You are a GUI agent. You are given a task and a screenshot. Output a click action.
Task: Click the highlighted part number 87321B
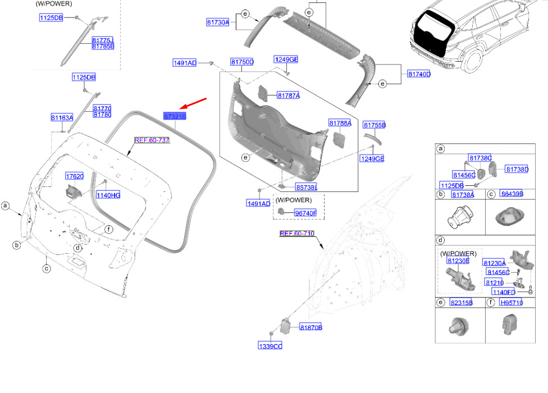pyautogui.click(x=175, y=116)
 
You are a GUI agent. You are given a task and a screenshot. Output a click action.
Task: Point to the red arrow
pyautogui.click(x=193, y=103)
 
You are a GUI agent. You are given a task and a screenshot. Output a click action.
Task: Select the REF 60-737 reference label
pyautogui.click(x=152, y=140)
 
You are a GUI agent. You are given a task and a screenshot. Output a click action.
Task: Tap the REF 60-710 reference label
pyautogui.click(x=297, y=234)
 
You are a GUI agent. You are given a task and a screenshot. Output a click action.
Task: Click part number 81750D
pyautogui.click(x=242, y=62)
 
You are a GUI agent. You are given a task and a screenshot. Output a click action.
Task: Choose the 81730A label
pyautogui.click(x=218, y=22)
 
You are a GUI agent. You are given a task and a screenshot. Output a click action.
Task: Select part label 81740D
pyautogui.click(x=419, y=74)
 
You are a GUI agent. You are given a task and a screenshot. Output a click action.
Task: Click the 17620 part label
pyautogui.click(x=75, y=176)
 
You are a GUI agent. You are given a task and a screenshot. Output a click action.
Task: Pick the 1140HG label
pyautogui.click(x=108, y=195)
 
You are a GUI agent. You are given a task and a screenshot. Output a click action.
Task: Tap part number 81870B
pyautogui.click(x=310, y=327)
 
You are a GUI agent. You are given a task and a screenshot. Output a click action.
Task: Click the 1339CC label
pyautogui.click(x=270, y=346)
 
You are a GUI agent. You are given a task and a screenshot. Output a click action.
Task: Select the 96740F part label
pyautogui.click(x=305, y=213)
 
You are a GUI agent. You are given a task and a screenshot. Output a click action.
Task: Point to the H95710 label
pyautogui.click(x=512, y=303)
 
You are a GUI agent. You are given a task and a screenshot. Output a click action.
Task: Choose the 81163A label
pyautogui.click(x=62, y=117)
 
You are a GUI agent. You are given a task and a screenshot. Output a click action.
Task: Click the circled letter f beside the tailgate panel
pyautogui.click(x=109, y=229)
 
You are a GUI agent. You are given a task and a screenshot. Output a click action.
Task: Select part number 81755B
pyautogui.click(x=375, y=125)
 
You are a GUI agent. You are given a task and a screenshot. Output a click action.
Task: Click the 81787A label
pyautogui.click(x=289, y=95)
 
